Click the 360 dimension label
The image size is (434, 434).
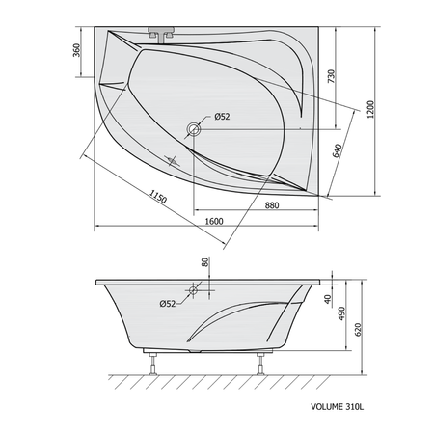tap(77, 50)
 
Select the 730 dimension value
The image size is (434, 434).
tap(331, 76)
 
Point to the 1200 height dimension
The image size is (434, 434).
tap(370, 110)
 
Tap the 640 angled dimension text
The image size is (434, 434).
tap(337, 151)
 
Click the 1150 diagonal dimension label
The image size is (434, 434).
tap(158, 196)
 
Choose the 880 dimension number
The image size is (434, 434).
tap(272, 205)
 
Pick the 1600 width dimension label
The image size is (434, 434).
tap(214, 222)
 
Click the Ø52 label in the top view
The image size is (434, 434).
tap(222, 117)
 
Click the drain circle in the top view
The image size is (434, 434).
tap(194, 129)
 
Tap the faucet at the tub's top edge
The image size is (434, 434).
tap(161, 34)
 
